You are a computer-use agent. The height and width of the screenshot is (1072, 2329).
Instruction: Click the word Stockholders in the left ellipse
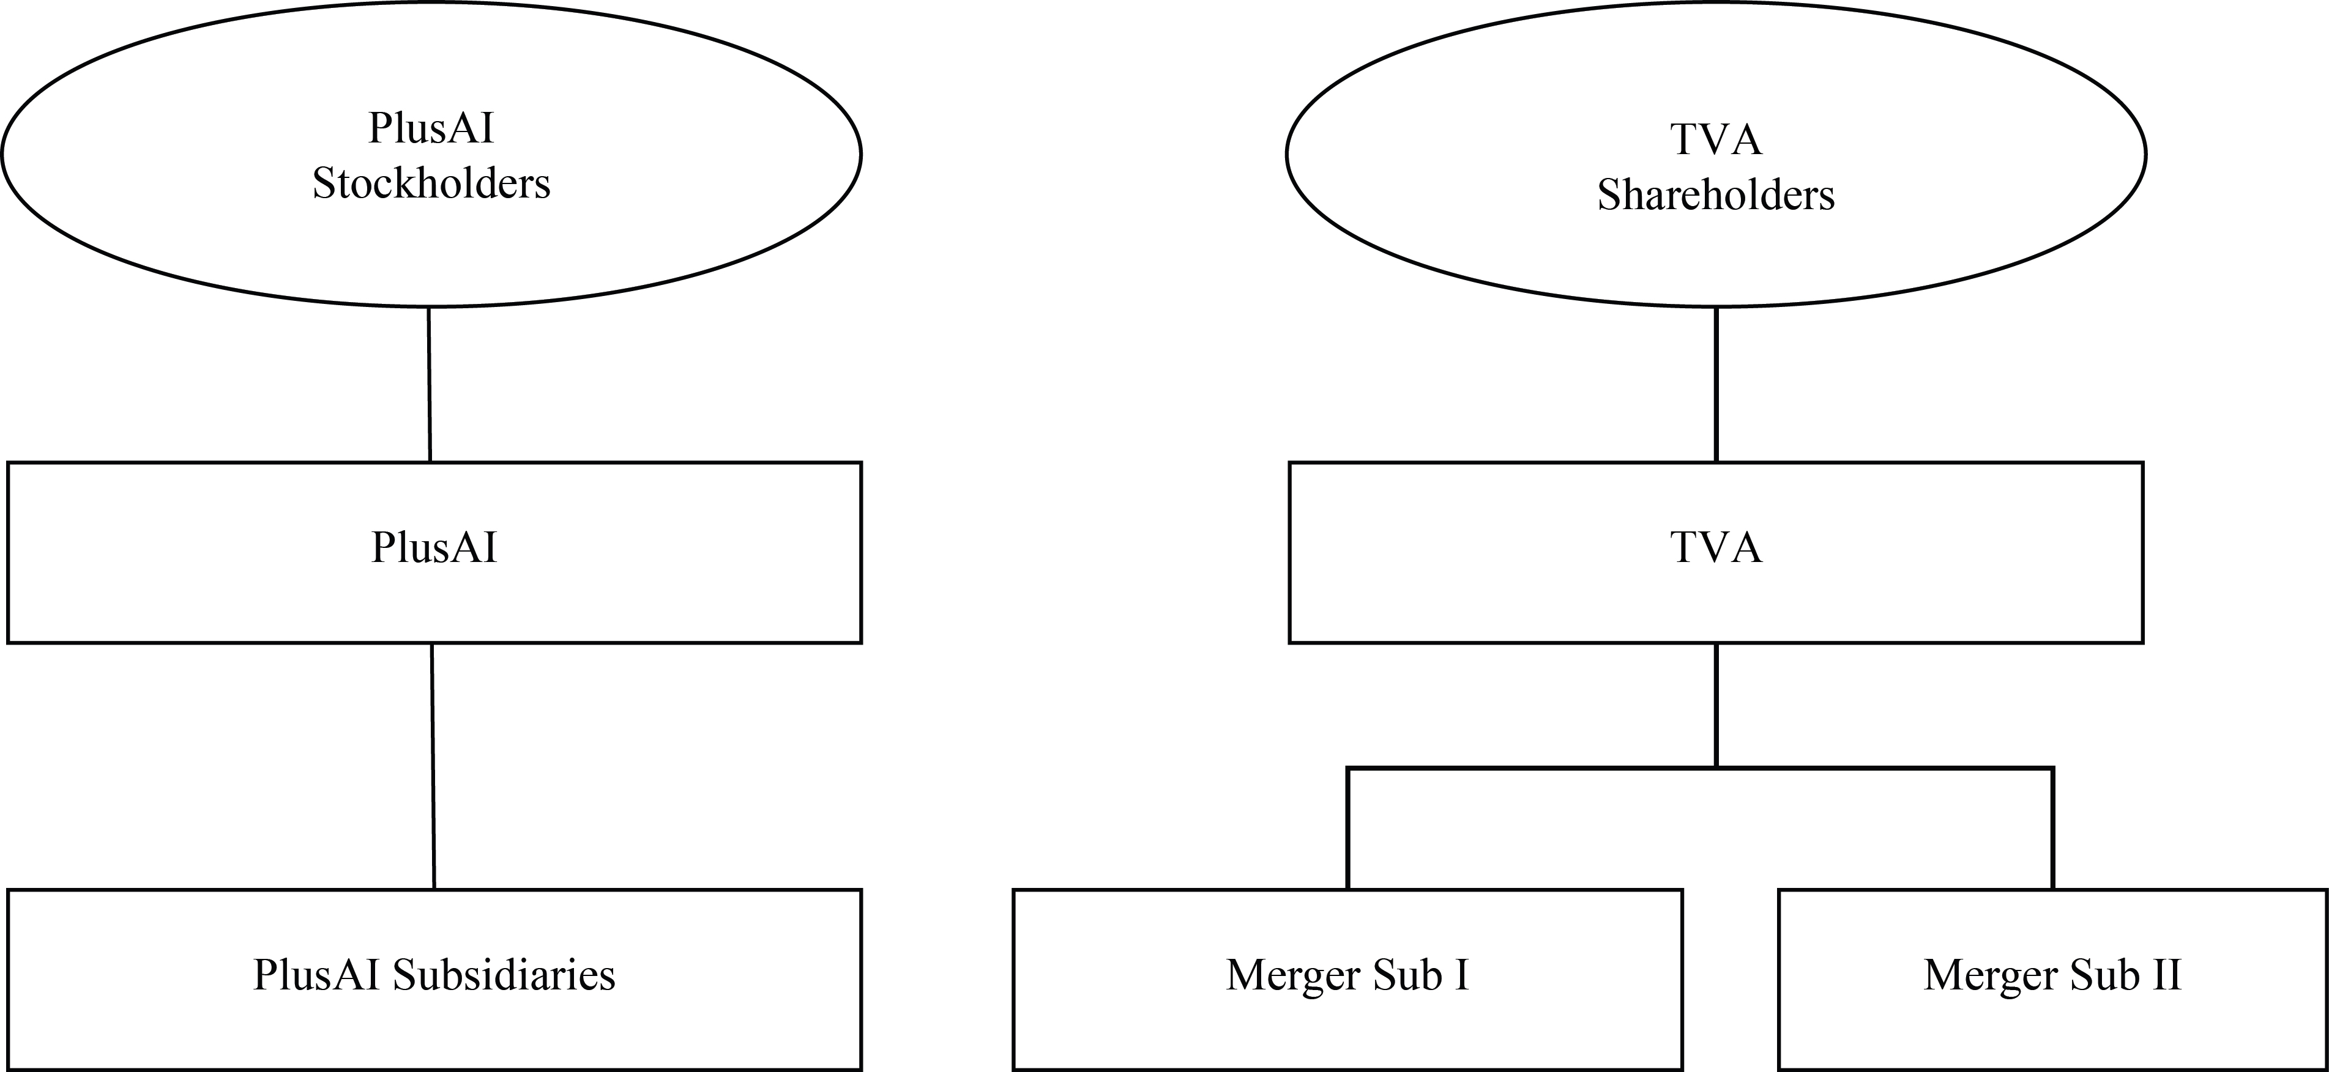431,183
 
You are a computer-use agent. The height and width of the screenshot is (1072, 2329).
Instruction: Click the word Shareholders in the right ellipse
1716,195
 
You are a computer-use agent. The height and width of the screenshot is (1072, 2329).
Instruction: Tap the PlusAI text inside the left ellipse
431,128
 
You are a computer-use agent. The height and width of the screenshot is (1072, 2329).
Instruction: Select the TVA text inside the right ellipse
1716,140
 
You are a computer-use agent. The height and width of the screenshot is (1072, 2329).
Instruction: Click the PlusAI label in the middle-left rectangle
434,548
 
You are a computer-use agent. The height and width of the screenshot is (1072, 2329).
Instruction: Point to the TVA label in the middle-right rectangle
1716,548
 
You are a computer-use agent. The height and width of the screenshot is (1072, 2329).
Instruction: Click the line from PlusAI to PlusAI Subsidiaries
433,766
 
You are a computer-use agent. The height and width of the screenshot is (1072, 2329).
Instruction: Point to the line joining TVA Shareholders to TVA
1716,384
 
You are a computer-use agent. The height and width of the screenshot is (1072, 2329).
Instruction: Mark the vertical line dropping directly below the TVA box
1716,705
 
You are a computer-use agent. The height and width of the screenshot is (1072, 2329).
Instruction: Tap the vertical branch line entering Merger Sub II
2053,829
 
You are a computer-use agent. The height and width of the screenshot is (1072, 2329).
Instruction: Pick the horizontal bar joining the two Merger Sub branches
1701,768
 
